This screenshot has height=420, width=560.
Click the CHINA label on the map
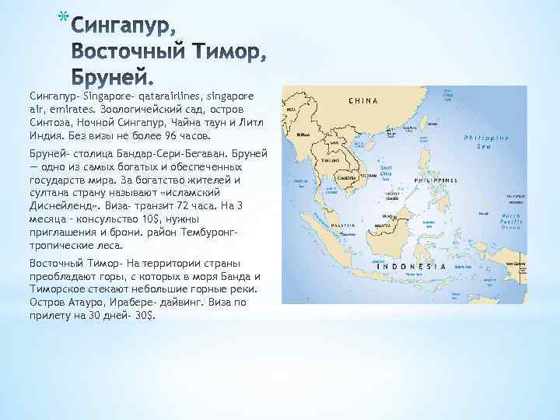(x=363, y=101)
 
